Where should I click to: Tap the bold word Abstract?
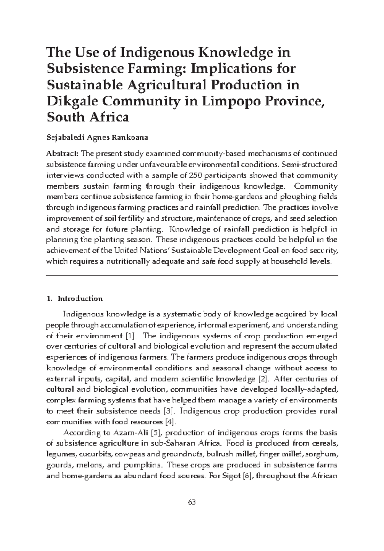pyautogui.click(x=63, y=154)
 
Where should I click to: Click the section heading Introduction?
pyautogui.click(x=80, y=299)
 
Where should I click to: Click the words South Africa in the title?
pyautogui.click(x=88, y=117)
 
